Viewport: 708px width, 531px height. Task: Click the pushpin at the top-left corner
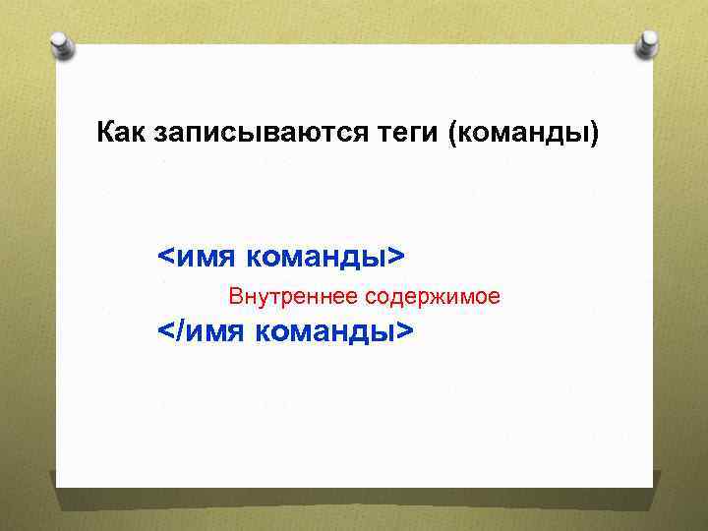(x=62, y=44)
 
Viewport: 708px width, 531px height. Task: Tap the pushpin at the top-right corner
(x=648, y=43)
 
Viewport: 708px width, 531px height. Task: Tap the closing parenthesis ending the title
(x=592, y=134)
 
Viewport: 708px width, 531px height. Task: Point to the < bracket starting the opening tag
(x=166, y=258)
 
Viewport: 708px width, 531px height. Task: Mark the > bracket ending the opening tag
(x=396, y=258)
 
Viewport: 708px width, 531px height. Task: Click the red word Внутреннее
(x=292, y=296)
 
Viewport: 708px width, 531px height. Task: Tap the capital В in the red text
(x=235, y=296)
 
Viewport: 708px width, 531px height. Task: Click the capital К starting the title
(x=105, y=133)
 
